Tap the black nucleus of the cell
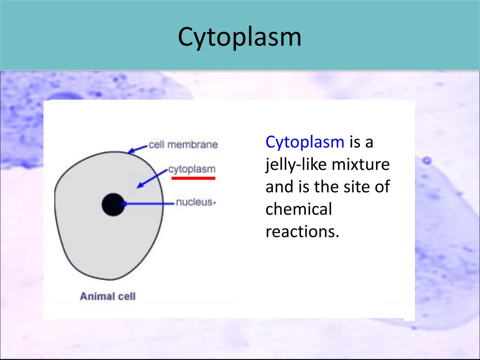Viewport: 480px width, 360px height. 113,205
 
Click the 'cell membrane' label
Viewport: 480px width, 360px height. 183,145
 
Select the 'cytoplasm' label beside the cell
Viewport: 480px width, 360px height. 192,170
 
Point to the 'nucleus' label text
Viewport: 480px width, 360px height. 194,202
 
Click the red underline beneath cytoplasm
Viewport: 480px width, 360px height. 193,178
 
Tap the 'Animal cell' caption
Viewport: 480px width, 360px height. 108,296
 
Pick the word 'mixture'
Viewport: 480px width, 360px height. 361,165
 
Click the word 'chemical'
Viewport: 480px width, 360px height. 299,209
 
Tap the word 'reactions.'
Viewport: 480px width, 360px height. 302,232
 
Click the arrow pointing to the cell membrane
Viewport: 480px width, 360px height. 138,149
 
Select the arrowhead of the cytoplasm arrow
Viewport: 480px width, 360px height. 140,185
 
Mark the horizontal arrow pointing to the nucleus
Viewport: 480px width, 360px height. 147,204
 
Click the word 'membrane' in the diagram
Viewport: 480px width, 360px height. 193,145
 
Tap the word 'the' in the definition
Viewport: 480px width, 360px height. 326,187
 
